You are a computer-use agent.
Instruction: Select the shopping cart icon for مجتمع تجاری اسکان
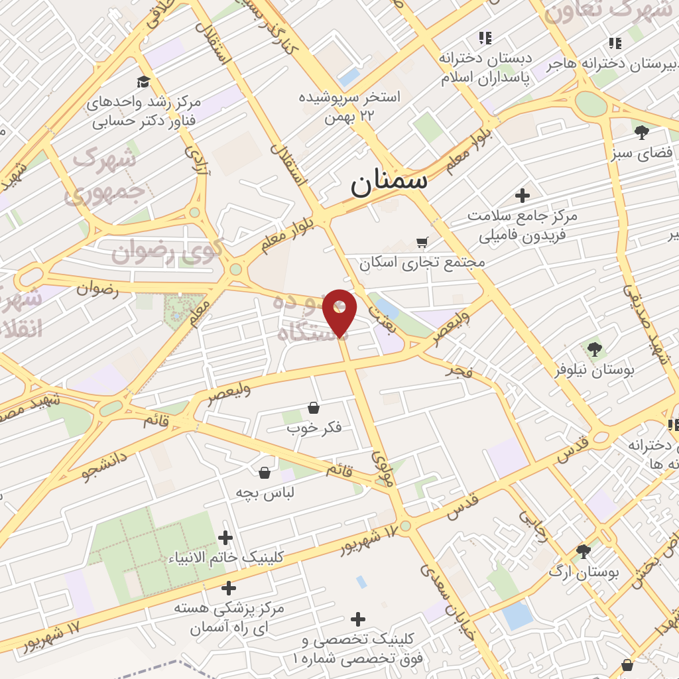422,242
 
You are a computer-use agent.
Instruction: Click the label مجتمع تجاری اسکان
422,263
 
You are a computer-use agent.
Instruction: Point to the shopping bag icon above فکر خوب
314,408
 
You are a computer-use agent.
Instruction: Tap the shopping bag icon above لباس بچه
265,473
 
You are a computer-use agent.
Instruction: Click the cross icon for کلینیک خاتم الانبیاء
225,537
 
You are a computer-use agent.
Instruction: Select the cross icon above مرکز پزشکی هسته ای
229,587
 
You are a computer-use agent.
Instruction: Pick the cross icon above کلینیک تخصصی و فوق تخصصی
358,619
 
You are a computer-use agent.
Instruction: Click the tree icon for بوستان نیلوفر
594,349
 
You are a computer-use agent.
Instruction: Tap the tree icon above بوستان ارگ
584,552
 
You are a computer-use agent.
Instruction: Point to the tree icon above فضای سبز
641,133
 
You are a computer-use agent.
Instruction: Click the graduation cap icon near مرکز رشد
144,82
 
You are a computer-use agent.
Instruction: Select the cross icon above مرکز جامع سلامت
523,196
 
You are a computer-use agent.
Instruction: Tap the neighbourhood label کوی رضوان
166,253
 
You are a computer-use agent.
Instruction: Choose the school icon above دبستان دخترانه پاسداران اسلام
486,38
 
